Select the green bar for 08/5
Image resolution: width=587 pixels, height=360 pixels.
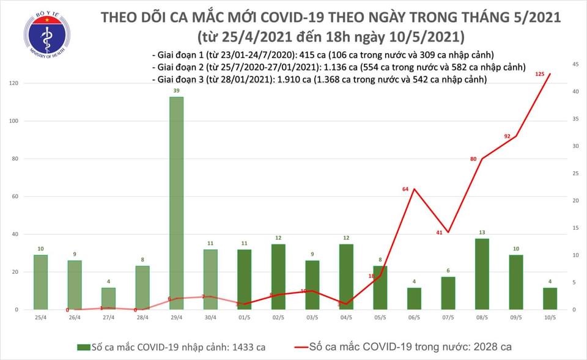click(482, 274)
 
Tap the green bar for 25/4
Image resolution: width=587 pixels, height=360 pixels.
click(40, 282)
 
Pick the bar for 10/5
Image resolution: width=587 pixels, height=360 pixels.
click(550, 298)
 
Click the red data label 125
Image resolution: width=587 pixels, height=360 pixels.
click(539, 74)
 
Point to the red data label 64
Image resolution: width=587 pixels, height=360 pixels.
click(405, 189)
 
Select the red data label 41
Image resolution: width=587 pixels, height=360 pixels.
click(439, 232)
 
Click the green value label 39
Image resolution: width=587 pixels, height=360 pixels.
click(176, 90)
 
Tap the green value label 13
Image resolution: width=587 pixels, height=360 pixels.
click(482, 232)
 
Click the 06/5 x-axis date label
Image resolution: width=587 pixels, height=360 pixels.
click(414, 319)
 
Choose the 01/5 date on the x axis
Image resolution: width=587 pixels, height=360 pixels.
click(244, 319)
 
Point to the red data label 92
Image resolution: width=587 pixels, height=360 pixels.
click(507, 136)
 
